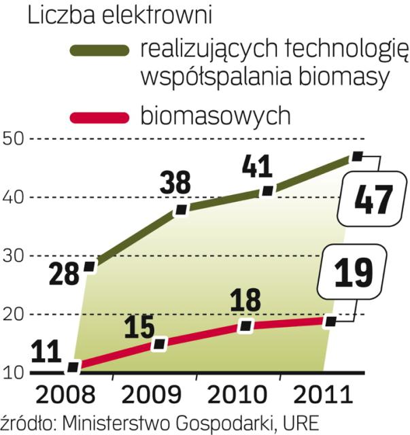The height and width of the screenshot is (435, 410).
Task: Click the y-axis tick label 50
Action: [14, 139]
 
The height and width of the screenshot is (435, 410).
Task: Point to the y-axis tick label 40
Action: [14, 197]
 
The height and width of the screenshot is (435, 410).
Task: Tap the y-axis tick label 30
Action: [14, 256]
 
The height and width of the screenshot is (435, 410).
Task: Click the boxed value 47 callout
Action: [366, 201]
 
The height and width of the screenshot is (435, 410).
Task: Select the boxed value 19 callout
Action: [354, 271]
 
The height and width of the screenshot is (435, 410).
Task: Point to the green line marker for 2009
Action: [181, 209]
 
